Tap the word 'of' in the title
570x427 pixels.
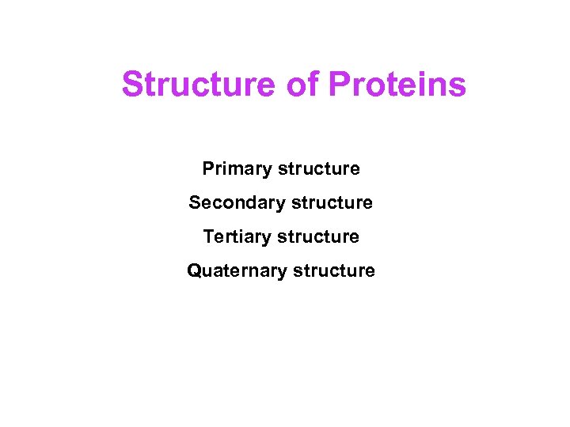pos(301,85)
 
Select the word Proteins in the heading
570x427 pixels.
pos(397,85)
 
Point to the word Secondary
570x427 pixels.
pos(237,203)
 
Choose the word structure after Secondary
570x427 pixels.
pos(332,203)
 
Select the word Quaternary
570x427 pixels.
pos(237,271)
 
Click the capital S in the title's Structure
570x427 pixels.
pos(133,85)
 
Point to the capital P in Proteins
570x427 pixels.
pos(338,85)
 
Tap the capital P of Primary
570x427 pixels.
pos(208,169)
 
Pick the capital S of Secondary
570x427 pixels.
pos(195,203)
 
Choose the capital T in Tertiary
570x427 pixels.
pos(208,236)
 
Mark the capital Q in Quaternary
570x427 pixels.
pos(194,271)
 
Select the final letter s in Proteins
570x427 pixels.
pos(458,86)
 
